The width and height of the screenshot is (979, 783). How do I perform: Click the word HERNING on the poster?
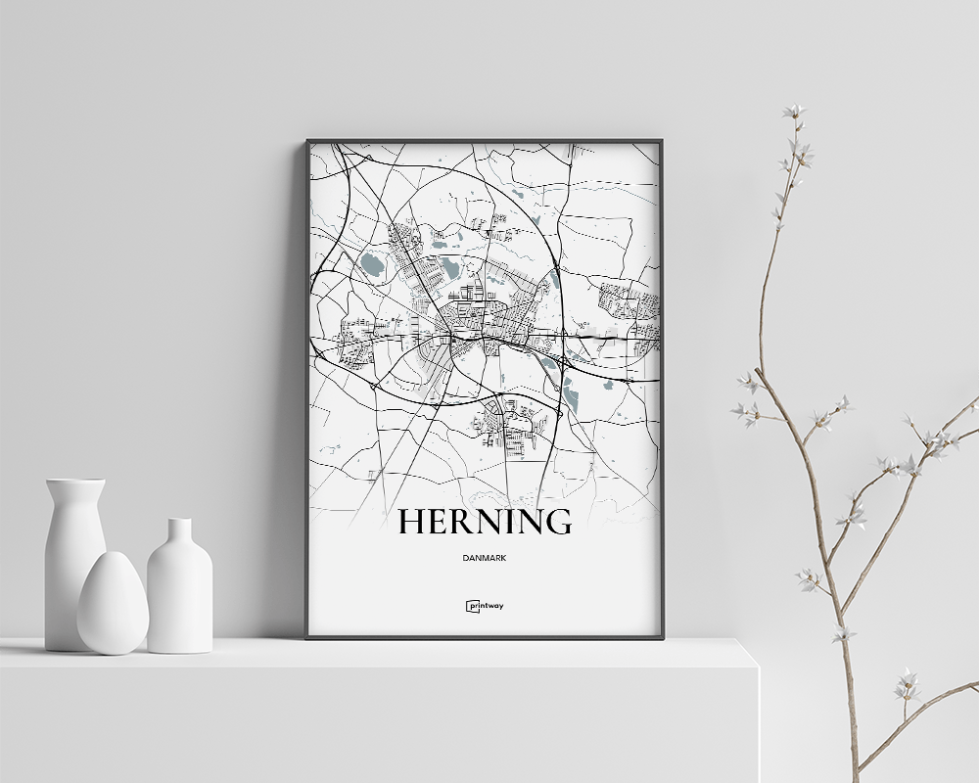click(x=485, y=522)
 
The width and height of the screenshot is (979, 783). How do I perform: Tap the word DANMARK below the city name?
click(x=485, y=559)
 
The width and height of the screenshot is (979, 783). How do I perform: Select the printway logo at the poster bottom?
click(x=485, y=606)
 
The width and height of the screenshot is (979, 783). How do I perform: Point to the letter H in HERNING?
click(x=411, y=522)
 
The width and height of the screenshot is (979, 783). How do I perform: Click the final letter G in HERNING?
click(x=558, y=522)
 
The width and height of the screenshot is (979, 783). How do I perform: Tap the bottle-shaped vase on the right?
click(x=180, y=592)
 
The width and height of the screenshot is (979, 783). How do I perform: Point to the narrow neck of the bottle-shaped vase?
click(x=179, y=533)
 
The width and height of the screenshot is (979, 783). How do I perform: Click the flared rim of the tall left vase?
click(x=75, y=483)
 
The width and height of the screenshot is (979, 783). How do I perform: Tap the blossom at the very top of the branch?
click(x=793, y=112)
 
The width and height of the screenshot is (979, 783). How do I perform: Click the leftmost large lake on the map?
click(x=372, y=264)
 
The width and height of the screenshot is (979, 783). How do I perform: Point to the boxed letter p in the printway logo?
click(x=470, y=606)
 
